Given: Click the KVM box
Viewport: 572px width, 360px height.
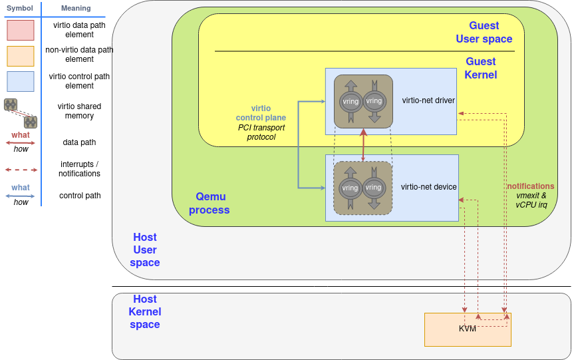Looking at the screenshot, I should click(468, 329).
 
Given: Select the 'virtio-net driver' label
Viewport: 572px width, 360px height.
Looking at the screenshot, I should click(428, 100).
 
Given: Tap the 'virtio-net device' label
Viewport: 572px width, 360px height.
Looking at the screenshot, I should click(428, 187).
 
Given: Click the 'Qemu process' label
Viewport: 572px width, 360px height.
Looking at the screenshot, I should click(210, 203).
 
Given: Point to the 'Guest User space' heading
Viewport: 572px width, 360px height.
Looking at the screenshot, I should click(484, 32).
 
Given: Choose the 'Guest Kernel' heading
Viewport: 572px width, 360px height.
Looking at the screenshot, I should click(481, 68).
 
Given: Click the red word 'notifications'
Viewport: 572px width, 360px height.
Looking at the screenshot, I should click(530, 186).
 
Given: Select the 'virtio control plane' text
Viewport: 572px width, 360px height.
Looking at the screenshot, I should click(261, 113).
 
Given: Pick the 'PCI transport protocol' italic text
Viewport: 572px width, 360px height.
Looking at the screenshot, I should click(261, 132).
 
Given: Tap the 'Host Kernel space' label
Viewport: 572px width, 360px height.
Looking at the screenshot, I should click(145, 312).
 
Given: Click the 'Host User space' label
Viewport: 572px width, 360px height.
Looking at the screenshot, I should click(145, 250).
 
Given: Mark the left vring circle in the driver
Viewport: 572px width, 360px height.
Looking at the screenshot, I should click(350, 102).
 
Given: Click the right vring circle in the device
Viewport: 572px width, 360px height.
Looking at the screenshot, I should click(374, 187).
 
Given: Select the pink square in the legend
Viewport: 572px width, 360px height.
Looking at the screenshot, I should click(21, 30).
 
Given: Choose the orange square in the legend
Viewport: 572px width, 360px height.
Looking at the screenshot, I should click(21, 56).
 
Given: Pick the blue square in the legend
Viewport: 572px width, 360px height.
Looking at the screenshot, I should click(21, 81).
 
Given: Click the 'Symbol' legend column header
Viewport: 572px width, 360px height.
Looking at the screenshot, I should click(20, 8).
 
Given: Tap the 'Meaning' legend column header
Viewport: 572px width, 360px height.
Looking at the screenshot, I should click(75, 8).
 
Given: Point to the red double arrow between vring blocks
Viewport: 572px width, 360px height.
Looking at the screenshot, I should click(363, 144).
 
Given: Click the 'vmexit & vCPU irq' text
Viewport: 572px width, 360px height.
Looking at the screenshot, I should click(531, 200).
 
